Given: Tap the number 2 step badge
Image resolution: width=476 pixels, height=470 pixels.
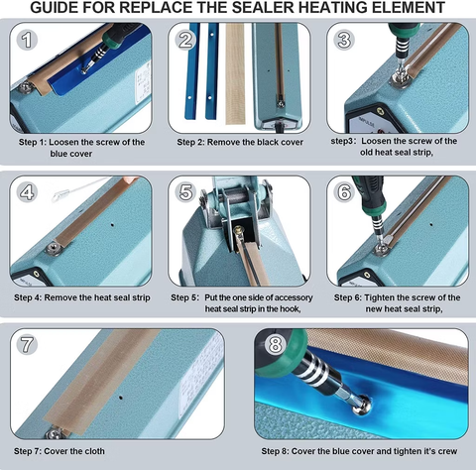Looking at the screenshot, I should tap(185, 41).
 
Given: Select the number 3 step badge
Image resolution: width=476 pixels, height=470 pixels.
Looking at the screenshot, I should tap(344, 41).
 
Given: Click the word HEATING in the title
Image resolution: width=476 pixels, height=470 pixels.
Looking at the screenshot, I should tap(325, 9).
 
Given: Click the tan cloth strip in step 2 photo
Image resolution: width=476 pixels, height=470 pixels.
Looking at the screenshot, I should tap(234, 74).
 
